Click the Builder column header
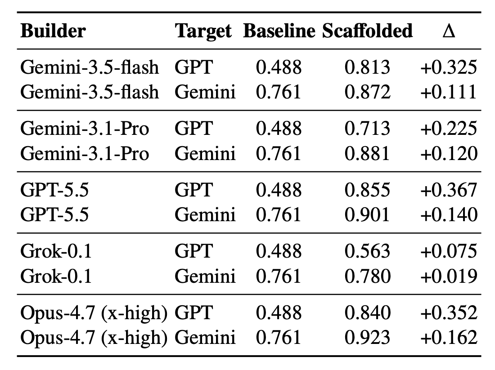click(x=53, y=31)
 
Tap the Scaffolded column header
click(x=367, y=31)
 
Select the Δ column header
click(x=449, y=31)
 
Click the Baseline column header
click(x=279, y=31)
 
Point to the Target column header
click(x=203, y=31)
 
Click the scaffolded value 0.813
click(x=367, y=67)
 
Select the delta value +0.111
click(x=448, y=92)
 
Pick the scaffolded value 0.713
click(x=367, y=129)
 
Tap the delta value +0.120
click(x=449, y=153)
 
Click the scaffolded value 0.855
click(x=367, y=190)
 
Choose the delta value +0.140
click(x=449, y=214)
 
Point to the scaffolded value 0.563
click(x=367, y=251)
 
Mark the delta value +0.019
click(x=449, y=276)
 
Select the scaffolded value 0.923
click(x=367, y=337)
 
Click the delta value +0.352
click(x=449, y=312)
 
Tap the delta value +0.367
click(x=449, y=190)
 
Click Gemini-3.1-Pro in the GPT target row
click(x=85, y=129)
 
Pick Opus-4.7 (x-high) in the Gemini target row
click(x=94, y=338)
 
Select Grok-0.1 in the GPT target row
click(x=56, y=251)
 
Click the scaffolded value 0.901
click(x=367, y=214)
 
